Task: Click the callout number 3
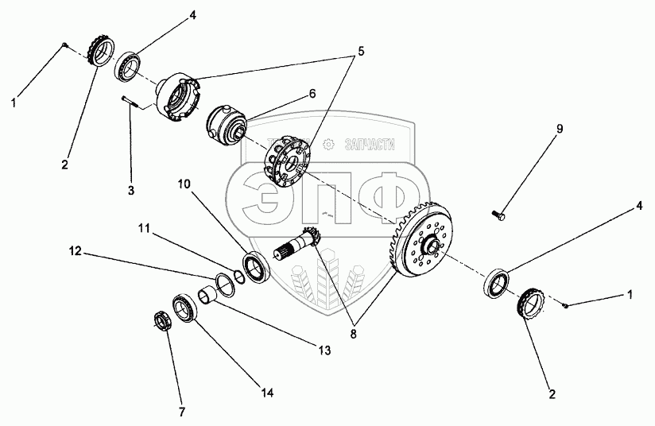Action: (131, 191)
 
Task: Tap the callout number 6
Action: (312, 93)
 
